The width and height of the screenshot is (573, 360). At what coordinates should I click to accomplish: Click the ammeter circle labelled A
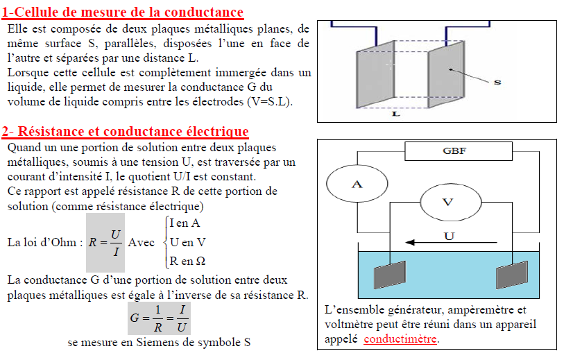357,184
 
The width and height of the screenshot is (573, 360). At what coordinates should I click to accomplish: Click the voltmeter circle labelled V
448,202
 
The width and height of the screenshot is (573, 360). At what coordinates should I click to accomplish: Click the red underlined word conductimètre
400,339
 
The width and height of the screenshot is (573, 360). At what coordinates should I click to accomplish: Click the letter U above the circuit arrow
449,236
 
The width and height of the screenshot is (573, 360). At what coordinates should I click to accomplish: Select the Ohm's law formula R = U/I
105,242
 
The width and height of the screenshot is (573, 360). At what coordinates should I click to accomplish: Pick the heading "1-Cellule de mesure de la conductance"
122,12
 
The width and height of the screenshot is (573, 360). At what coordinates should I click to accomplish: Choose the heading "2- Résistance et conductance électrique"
125,131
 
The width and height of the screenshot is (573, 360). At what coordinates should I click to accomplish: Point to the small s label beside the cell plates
497,82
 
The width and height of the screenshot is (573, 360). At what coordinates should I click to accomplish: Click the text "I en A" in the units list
185,223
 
